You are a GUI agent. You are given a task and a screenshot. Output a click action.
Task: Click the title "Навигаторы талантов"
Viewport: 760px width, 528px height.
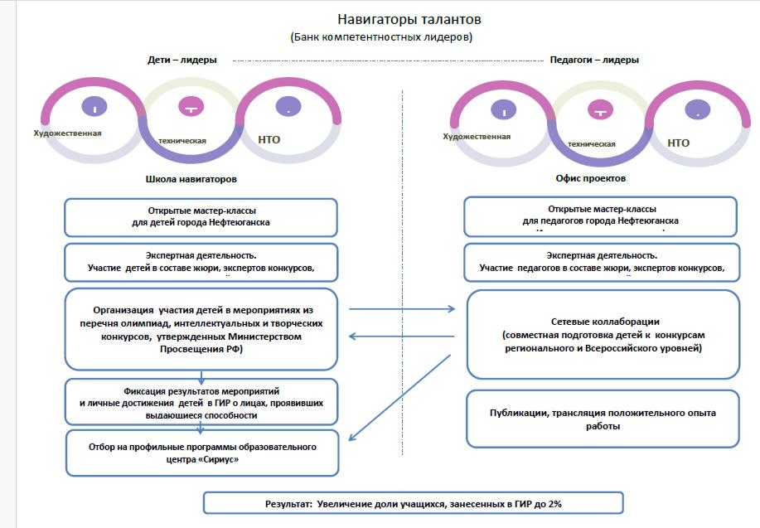[x=409, y=19]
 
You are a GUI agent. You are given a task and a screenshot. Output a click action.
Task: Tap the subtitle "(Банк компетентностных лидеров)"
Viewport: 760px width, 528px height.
[x=382, y=37]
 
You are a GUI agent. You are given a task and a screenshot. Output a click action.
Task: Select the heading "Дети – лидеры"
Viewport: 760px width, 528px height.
[x=182, y=60]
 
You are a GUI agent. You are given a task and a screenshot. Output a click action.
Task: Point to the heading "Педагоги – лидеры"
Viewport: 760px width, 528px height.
[x=594, y=60]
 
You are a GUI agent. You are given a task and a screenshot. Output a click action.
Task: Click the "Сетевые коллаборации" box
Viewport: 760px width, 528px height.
[x=603, y=334]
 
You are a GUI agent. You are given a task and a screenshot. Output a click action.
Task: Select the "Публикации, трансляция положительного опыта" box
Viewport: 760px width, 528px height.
[x=603, y=419]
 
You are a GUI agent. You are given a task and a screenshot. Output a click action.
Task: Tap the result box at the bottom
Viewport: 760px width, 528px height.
[x=413, y=503]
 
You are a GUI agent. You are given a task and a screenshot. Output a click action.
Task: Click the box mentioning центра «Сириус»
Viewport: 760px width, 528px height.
[x=202, y=453]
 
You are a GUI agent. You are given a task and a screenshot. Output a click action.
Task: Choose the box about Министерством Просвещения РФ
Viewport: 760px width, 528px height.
[x=202, y=328]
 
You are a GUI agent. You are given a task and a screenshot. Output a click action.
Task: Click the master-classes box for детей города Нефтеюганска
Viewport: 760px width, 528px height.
[x=201, y=217]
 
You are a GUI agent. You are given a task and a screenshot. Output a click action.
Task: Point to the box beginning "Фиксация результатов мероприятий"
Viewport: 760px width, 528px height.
[x=202, y=401]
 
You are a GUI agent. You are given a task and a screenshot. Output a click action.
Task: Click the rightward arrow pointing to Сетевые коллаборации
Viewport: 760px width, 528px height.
[x=402, y=309]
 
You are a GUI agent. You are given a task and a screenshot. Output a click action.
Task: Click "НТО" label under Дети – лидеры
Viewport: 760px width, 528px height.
[x=269, y=139]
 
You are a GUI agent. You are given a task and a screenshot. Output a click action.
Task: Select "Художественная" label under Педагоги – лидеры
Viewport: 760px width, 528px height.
[x=477, y=136]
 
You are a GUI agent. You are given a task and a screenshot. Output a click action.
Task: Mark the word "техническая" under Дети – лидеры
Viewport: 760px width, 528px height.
[x=182, y=140]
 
